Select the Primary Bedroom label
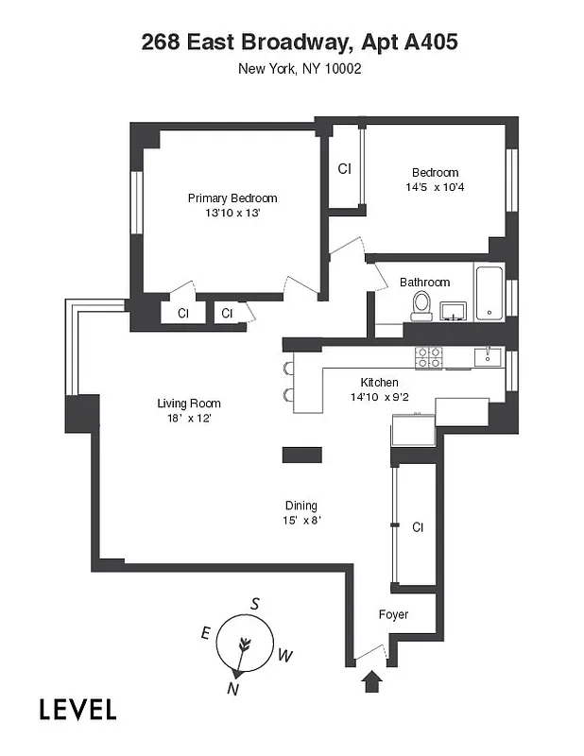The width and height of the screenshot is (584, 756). pyautogui.click(x=232, y=198)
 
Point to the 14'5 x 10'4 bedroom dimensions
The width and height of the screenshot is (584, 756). pyautogui.click(x=435, y=187)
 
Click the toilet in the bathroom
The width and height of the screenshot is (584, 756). pyautogui.click(x=421, y=304)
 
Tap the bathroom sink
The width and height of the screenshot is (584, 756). pyautogui.click(x=452, y=310)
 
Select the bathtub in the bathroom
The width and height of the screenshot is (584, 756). pyautogui.click(x=489, y=294)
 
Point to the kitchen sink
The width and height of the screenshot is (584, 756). pyautogui.click(x=490, y=355)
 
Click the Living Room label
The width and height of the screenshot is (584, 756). pyautogui.click(x=189, y=404)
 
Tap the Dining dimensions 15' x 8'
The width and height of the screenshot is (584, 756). pyautogui.click(x=301, y=521)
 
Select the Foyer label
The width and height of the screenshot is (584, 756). pyautogui.click(x=393, y=614)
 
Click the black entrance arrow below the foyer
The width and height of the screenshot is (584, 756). pyautogui.click(x=370, y=680)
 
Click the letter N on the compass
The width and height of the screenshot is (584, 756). pyautogui.click(x=232, y=689)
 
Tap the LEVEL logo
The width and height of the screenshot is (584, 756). pyautogui.click(x=77, y=709)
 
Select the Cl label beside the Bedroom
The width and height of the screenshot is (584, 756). pyautogui.click(x=345, y=169)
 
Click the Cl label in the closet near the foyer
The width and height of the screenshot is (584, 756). pyautogui.click(x=417, y=526)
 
